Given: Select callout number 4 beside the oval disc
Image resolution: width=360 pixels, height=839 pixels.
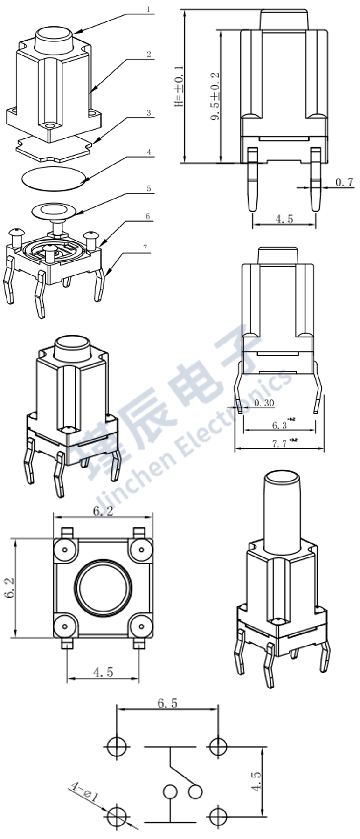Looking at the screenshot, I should pos(148,152).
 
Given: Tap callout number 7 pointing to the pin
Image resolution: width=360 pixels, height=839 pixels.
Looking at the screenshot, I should pos(145,248).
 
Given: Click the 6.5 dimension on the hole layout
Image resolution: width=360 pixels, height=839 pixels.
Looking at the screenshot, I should pos(167,703).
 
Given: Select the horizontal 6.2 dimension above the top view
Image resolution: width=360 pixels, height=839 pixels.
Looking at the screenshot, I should pos(103,511).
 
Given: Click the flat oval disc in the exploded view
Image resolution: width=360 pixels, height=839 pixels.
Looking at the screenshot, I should pos(55,178).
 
